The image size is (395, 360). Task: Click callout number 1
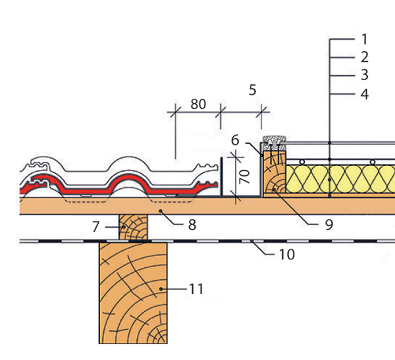[364, 39]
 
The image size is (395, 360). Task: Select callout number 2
[365, 57]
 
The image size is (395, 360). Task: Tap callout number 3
[365, 75]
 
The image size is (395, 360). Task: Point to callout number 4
[365, 95]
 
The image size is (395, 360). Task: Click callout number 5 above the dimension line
[252, 90]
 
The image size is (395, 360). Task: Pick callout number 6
[235, 140]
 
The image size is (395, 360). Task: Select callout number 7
[95, 227]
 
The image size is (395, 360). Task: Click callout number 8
[192, 225]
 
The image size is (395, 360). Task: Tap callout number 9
[329, 224]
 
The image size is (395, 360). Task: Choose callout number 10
[287, 255]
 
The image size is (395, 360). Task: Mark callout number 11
[196, 289]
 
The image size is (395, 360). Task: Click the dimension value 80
[198, 104]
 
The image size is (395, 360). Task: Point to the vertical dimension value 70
[244, 176]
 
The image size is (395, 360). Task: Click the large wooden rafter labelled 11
[133, 293]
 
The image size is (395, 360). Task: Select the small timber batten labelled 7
[133, 227]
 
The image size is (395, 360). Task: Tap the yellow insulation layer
[340, 179]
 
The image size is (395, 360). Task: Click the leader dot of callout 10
[251, 242]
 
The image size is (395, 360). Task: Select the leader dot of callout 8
[160, 211]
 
